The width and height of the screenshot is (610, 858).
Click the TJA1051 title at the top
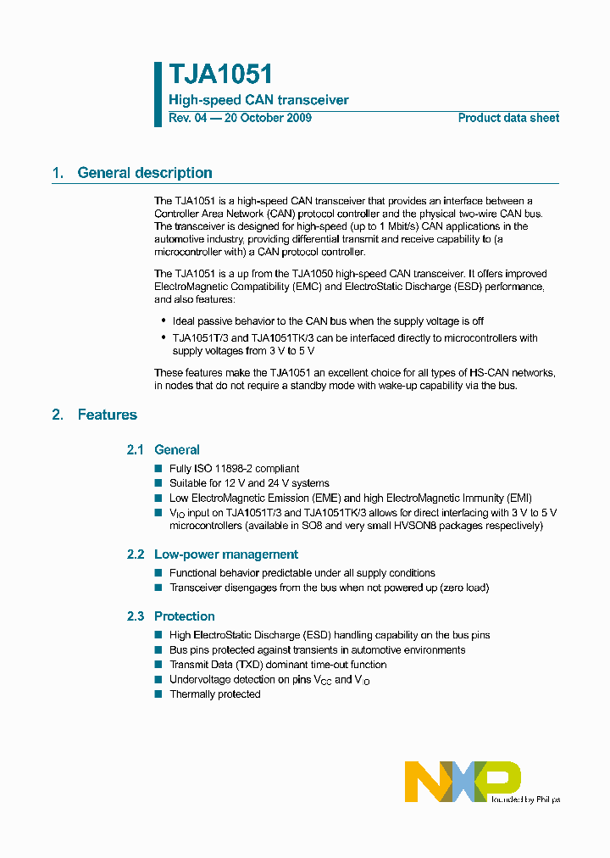coord(220,75)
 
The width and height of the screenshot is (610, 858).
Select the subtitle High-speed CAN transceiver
coord(258,100)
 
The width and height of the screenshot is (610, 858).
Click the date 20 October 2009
coord(267,118)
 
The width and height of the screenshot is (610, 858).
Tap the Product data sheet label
coord(508,118)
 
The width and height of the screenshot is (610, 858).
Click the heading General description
coord(145,173)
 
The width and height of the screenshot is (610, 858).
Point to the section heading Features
coord(107,415)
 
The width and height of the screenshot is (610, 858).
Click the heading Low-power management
coord(225,554)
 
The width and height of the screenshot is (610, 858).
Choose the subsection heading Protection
coord(184,616)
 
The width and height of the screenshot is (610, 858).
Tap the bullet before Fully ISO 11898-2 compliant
coord(158,468)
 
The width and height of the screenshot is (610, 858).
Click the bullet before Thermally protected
coord(158,694)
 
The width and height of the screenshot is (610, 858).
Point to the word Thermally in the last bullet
coord(192,694)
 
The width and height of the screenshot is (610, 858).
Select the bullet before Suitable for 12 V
coord(158,482)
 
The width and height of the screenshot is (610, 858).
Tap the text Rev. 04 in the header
coord(187,118)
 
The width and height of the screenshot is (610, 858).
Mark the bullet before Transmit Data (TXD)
coord(158,665)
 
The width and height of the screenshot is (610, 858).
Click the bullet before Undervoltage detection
coord(158,679)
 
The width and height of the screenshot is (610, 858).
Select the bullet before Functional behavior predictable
coord(158,573)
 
